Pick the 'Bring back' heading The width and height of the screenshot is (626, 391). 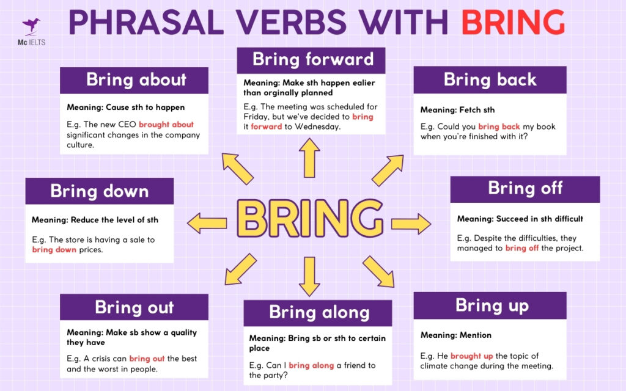click(x=490, y=79)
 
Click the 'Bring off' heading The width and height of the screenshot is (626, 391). click(x=525, y=188)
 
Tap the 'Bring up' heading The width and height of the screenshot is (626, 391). click(x=491, y=305)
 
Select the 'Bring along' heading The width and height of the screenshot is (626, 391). click(x=319, y=313)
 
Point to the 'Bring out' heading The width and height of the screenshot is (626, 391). click(x=134, y=307)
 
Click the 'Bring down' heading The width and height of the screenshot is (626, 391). click(x=99, y=191)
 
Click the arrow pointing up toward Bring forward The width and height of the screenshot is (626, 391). click(x=310, y=158)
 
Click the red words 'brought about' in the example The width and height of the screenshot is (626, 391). click(x=166, y=125)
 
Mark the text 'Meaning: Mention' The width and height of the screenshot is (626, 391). click(x=455, y=335)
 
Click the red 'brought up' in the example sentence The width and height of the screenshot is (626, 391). click(x=471, y=356)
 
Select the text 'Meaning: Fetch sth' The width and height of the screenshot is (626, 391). click(x=457, y=110)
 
